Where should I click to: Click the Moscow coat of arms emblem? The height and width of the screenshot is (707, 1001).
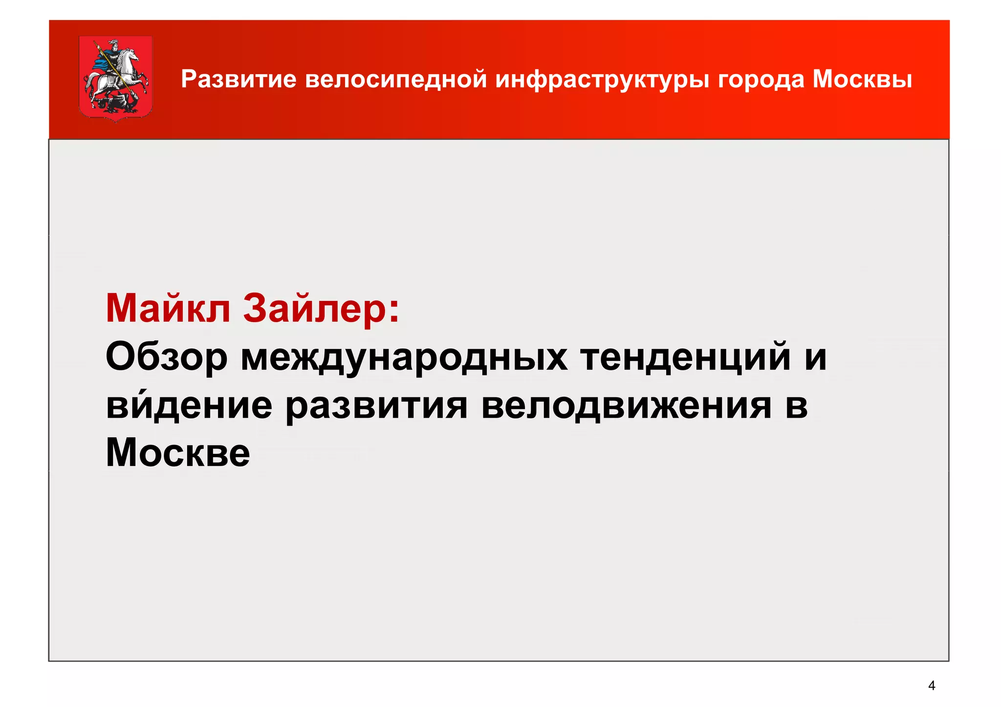click(x=115, y=78)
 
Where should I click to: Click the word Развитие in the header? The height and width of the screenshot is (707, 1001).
click(x=239, y=79)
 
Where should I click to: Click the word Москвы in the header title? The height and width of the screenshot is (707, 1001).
click(x=862, y=79)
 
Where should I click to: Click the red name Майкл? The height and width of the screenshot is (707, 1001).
click(x=168, y=309)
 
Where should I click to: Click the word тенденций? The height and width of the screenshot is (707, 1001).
click(x=685, y=357)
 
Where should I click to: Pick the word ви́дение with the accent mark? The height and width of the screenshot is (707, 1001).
click(x=189, y=405)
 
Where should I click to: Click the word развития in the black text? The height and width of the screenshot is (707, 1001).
click(x=376, y=406)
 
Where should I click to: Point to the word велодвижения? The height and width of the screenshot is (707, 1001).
click(x=627, y=405)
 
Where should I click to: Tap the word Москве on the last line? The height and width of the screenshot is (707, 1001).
click(x=177, y=453)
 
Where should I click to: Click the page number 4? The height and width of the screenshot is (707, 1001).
click(x=931, y=686)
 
